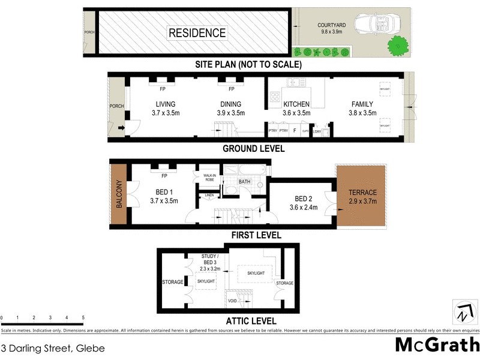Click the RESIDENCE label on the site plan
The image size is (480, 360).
[197, 33]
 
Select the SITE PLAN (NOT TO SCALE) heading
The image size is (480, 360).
[248, 64]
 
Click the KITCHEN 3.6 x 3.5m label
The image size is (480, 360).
[296, 108]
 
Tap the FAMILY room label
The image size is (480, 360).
[362, 108]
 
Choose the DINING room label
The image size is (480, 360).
[230, 108]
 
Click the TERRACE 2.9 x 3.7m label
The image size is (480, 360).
[364, 197]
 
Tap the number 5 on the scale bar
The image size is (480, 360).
[83, 317]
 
